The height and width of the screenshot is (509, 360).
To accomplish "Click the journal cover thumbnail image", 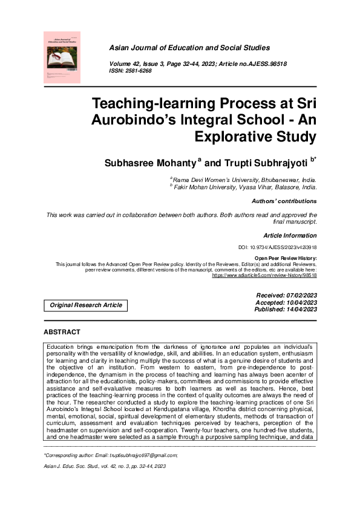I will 62,57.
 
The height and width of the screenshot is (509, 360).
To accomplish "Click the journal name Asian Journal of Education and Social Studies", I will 189,48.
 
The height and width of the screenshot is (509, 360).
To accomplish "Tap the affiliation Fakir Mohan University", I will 214,187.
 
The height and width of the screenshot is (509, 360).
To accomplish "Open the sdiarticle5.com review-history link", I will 264,275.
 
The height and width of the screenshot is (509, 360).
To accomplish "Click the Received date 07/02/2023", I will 299,295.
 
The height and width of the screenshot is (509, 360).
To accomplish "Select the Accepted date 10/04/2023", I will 299,302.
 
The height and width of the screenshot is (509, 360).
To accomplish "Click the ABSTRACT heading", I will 62,332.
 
